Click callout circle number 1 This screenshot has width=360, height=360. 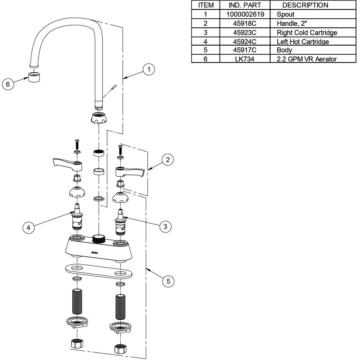coord(148,70)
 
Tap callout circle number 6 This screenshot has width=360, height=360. coord(8,84)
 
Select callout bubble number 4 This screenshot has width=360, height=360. coord(28,228)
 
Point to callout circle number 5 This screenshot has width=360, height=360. coord(168,281)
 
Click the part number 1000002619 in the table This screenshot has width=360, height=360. coord(245,14)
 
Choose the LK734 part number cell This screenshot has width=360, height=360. coord(245,59)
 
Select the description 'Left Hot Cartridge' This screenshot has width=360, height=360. coord(303,41)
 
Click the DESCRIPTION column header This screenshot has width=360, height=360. coord(305,5)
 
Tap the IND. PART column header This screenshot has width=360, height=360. coord(245,5)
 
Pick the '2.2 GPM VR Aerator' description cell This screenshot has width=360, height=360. coord(307,59)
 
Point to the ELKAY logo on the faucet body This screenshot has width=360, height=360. coord(95,253)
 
